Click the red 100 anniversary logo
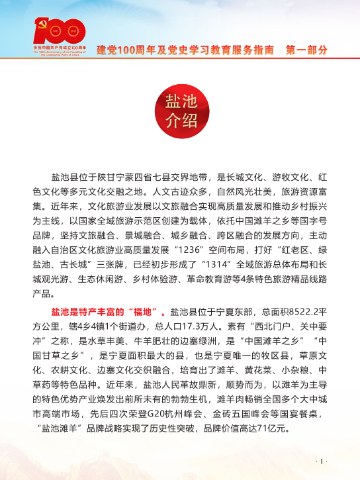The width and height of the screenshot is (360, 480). [x=59, y=34]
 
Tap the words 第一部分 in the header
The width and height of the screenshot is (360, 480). [x=306, y=50]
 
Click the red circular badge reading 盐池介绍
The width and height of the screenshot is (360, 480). [x=180, y=112]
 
